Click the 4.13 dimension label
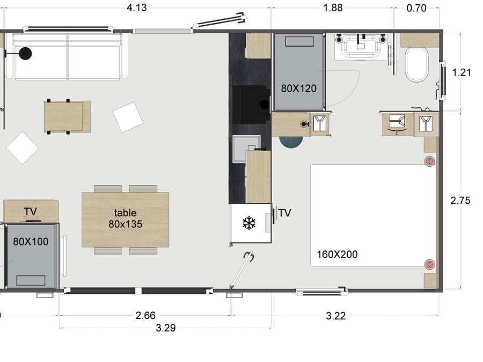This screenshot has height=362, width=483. (137, 8)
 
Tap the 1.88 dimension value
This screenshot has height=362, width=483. (333, 8)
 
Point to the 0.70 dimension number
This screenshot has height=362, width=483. (416, 8)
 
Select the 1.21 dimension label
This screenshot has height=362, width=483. (461, 72)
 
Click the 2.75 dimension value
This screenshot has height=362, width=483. (460, 201)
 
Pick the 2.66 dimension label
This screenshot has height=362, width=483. (145, 315)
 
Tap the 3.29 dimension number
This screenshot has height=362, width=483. (166, 328)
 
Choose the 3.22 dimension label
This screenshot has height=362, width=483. (336, 316)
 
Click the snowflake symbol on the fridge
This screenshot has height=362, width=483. (249, 223)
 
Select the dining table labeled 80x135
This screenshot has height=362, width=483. (126, 219)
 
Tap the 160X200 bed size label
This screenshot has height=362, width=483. (337, 254)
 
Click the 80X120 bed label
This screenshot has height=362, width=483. (298, 88)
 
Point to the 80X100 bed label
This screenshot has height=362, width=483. (31, 241)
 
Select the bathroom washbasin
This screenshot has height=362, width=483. (361, 47)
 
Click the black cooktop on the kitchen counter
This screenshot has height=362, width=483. (251, 105)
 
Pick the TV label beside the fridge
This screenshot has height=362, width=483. (284, 213)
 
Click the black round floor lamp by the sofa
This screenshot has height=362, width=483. (25, 54)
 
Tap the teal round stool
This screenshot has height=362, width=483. (291, 142)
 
